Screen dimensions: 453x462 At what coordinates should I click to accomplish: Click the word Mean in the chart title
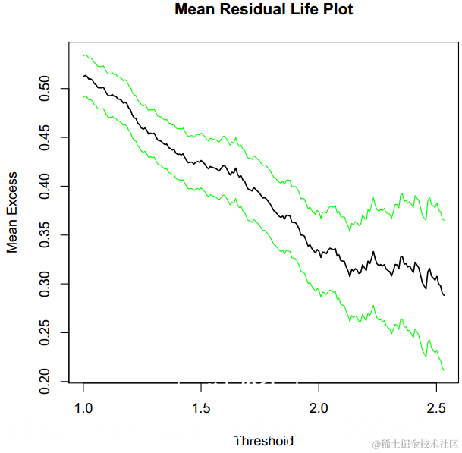193,10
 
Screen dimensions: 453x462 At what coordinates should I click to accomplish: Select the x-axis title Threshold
263,440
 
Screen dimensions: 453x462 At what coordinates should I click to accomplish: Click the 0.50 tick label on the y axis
45,88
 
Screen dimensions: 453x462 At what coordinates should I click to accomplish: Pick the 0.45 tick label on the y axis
45,137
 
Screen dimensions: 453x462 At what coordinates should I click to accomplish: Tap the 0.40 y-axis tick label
45,186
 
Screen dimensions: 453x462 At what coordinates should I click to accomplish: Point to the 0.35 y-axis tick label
45,235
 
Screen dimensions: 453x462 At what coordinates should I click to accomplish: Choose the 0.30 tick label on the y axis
45,284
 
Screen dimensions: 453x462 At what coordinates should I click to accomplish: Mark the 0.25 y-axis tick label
45,333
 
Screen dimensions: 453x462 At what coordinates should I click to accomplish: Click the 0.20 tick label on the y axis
45,382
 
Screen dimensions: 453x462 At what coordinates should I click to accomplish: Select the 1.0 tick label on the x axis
83,407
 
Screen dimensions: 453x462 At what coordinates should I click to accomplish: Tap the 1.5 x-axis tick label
201,407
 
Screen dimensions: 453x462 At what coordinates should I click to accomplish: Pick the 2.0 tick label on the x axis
319,407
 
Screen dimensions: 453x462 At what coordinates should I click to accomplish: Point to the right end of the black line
443,294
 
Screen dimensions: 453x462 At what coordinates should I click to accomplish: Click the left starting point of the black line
83,76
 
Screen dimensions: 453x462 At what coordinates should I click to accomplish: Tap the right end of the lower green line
443,370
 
